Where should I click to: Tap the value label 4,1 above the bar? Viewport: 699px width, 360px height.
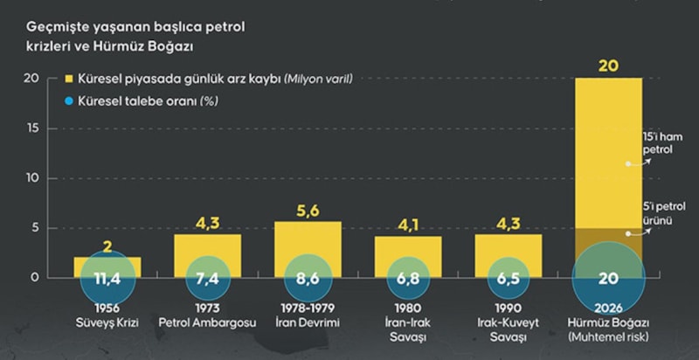click(408, 224)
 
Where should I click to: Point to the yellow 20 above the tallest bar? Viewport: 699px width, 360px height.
click(608, 65)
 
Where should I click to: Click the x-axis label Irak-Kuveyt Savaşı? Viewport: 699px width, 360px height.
click(509, 330)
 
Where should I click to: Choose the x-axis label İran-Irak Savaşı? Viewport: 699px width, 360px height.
click(408, 330)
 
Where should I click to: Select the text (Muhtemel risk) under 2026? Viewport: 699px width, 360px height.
click(608, 337)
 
